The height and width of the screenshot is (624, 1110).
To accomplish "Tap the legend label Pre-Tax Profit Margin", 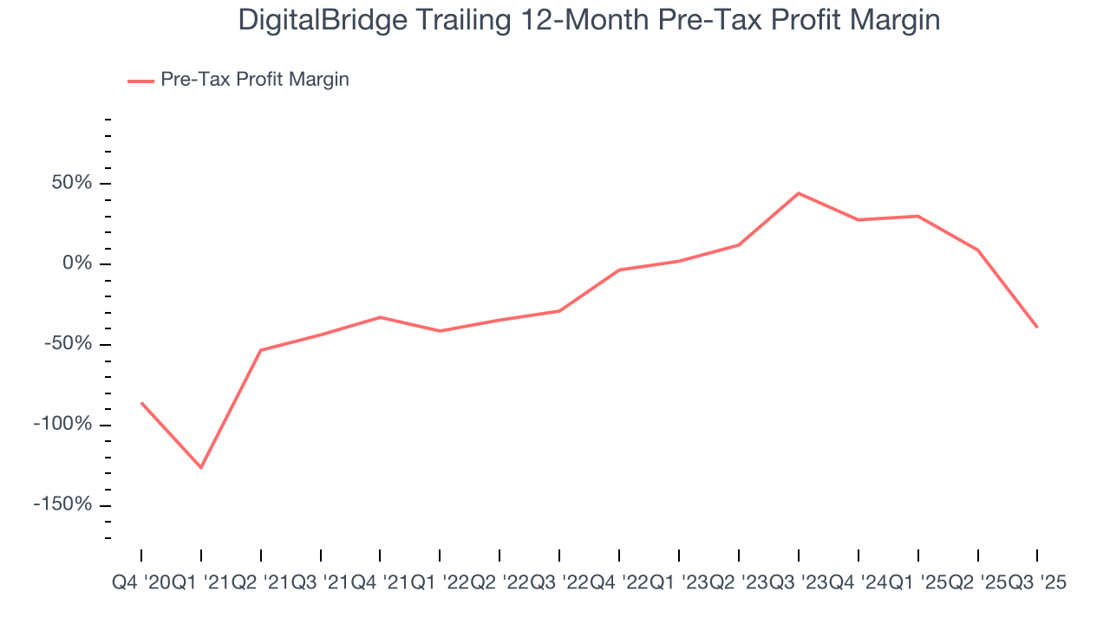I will (255, 80).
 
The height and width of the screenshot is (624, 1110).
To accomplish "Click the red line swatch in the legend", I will (140, 81).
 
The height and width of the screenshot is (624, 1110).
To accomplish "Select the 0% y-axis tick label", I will (76, 263).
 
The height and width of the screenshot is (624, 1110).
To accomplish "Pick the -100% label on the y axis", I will (62, 425).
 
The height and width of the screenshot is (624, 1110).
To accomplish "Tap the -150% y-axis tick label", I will (62, 505).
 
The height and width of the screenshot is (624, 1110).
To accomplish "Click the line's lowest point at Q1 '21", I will (201, 468).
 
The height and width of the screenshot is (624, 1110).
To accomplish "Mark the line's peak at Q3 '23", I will (798, 193).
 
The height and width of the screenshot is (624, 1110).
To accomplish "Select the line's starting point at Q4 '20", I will (141, 403).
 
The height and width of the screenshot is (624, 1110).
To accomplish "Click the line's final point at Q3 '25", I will (1037, 327).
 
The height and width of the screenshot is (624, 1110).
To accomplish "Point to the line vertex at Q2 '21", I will (261, 350).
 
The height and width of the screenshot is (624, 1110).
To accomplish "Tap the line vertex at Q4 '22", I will (619, 270).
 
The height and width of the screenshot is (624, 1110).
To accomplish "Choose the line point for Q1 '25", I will (917, 216).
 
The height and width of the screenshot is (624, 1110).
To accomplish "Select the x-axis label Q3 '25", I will (1037, 583).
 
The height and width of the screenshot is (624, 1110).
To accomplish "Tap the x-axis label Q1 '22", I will (441, 583).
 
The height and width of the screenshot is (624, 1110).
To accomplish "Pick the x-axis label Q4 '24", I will (859, 583).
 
